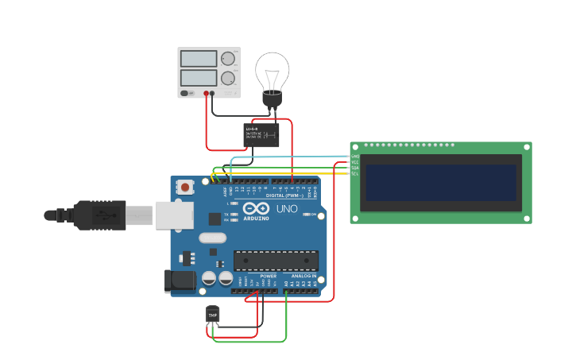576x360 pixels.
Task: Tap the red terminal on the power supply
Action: [206, 93]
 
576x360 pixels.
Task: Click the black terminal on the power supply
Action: [213, 93]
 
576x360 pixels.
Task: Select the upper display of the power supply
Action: [199, 59]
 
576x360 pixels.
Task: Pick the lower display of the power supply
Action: [199, 78]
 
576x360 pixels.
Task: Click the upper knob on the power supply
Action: [228, 59]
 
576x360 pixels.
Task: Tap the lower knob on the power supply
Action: [228, 78]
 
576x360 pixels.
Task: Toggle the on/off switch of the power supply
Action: [184, 93]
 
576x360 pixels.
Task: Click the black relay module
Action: [261, 134]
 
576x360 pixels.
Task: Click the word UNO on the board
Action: [287, 209]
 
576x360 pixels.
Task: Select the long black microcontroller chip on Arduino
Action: [276, 261]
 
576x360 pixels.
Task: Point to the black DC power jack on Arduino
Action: [180, 281]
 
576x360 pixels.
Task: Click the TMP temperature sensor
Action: [212, 315]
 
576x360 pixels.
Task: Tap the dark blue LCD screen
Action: [441, 183]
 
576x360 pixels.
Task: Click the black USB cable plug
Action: [95, 215]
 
